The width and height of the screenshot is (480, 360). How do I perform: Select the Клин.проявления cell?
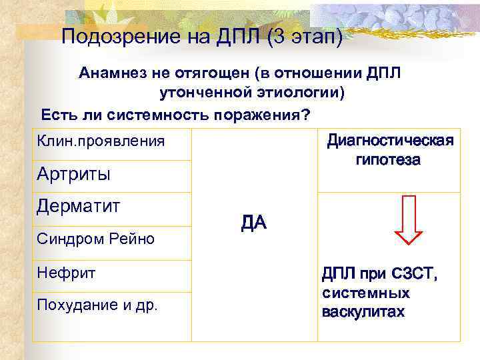pyautogui.click(x=101, y=142)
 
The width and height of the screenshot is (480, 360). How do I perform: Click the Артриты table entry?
pyautogui.click(x=73, y=175)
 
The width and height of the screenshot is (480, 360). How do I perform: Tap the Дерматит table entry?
pyautogui.click(x=79, y=206)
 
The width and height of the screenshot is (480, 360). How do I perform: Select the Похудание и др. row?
pyautogui.click(x=98, y=306)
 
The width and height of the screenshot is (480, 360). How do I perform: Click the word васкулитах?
pyautogui.click(x=363, y=312)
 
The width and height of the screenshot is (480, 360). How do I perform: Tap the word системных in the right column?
pyautogui.click(x=365, y=293)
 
